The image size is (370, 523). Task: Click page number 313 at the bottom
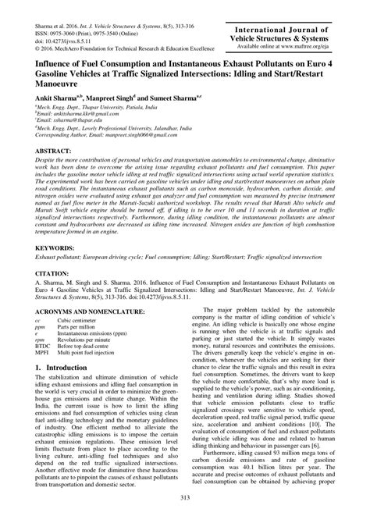185,500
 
